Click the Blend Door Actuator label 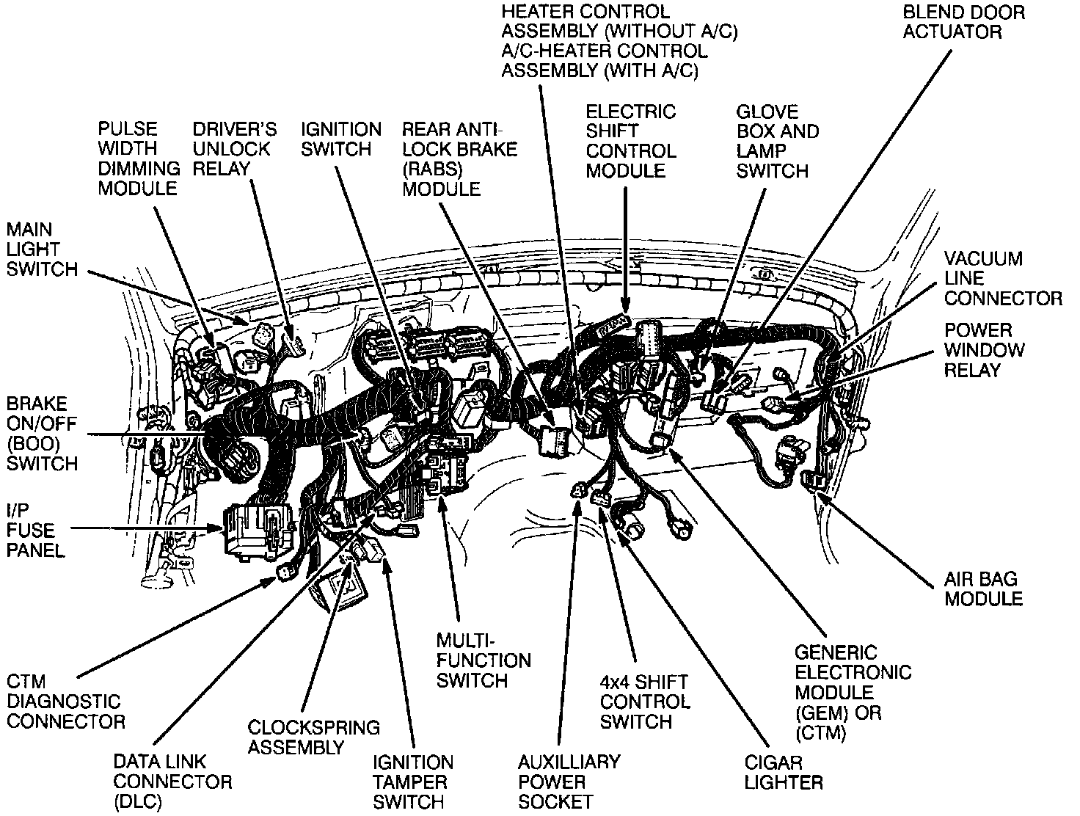(x=963, y=22)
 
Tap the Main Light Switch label (x=42, y=249)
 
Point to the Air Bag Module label (x=983, y=589)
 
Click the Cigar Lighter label (x=784, y=772)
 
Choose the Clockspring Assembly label (x=313, y=737)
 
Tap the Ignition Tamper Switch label (x=413, y=782)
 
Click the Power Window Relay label (x=984, y=350)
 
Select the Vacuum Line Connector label (x=1002, y=279)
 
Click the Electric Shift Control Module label (x=630, y=142)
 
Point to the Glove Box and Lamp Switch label (x=777, y=142)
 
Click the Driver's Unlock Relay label (x=234, y=149)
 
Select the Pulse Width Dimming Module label (x=138, y=159)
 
